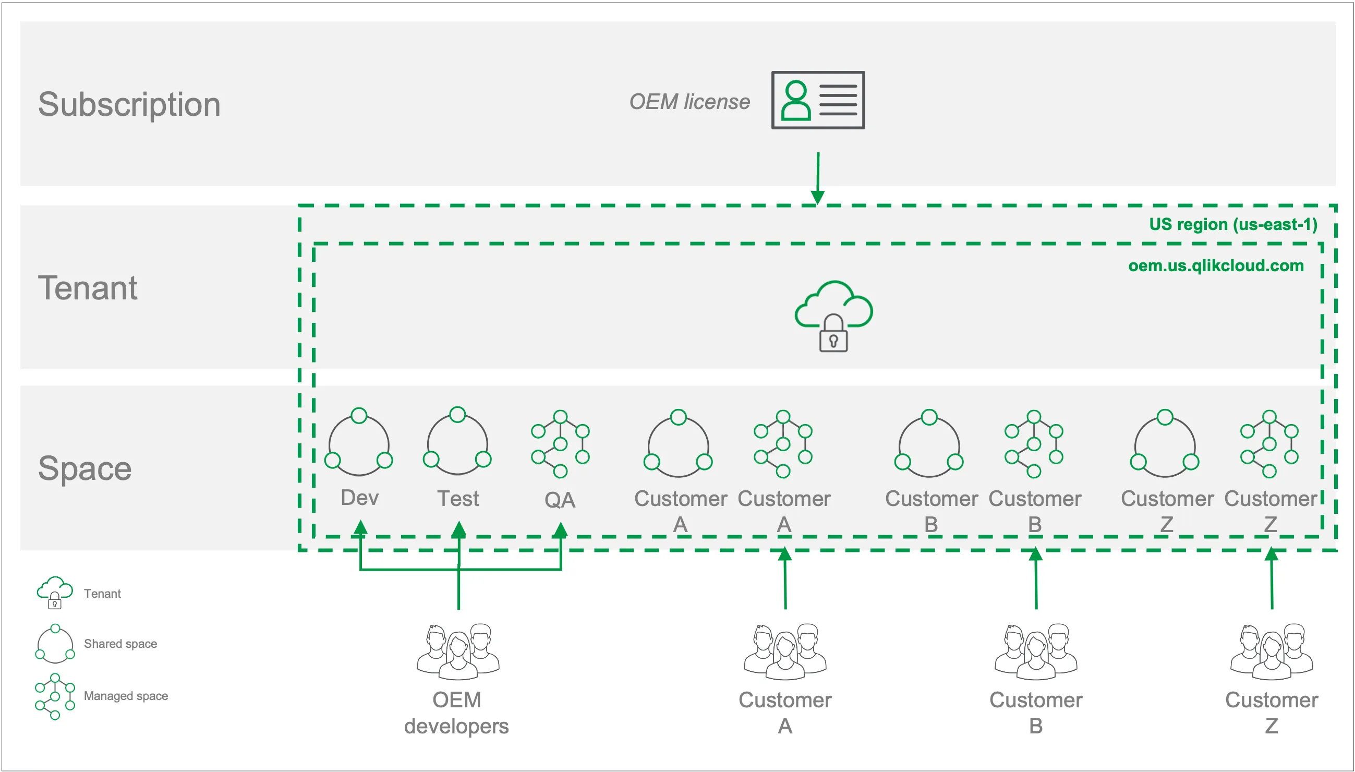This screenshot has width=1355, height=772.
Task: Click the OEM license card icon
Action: click(817, 100)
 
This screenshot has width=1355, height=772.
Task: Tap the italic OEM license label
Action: click(688, 102)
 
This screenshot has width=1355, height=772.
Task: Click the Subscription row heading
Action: click(129, 104)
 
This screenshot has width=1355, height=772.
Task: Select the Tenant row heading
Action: click(88, 288)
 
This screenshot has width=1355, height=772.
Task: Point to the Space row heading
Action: click(85, 469)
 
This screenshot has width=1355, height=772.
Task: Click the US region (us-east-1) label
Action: click(1232, 224)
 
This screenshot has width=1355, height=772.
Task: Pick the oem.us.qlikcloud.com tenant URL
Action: click(1215, 265)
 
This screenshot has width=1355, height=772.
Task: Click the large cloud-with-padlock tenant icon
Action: click(833, 316)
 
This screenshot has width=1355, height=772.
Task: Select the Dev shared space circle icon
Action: click(359, 442)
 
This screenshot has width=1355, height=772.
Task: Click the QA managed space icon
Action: click(560, 443)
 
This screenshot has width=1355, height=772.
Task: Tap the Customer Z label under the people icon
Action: click(1271, 712)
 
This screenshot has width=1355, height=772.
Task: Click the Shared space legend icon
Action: click(55, 644)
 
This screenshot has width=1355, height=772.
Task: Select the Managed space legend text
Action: click(126, 696)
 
